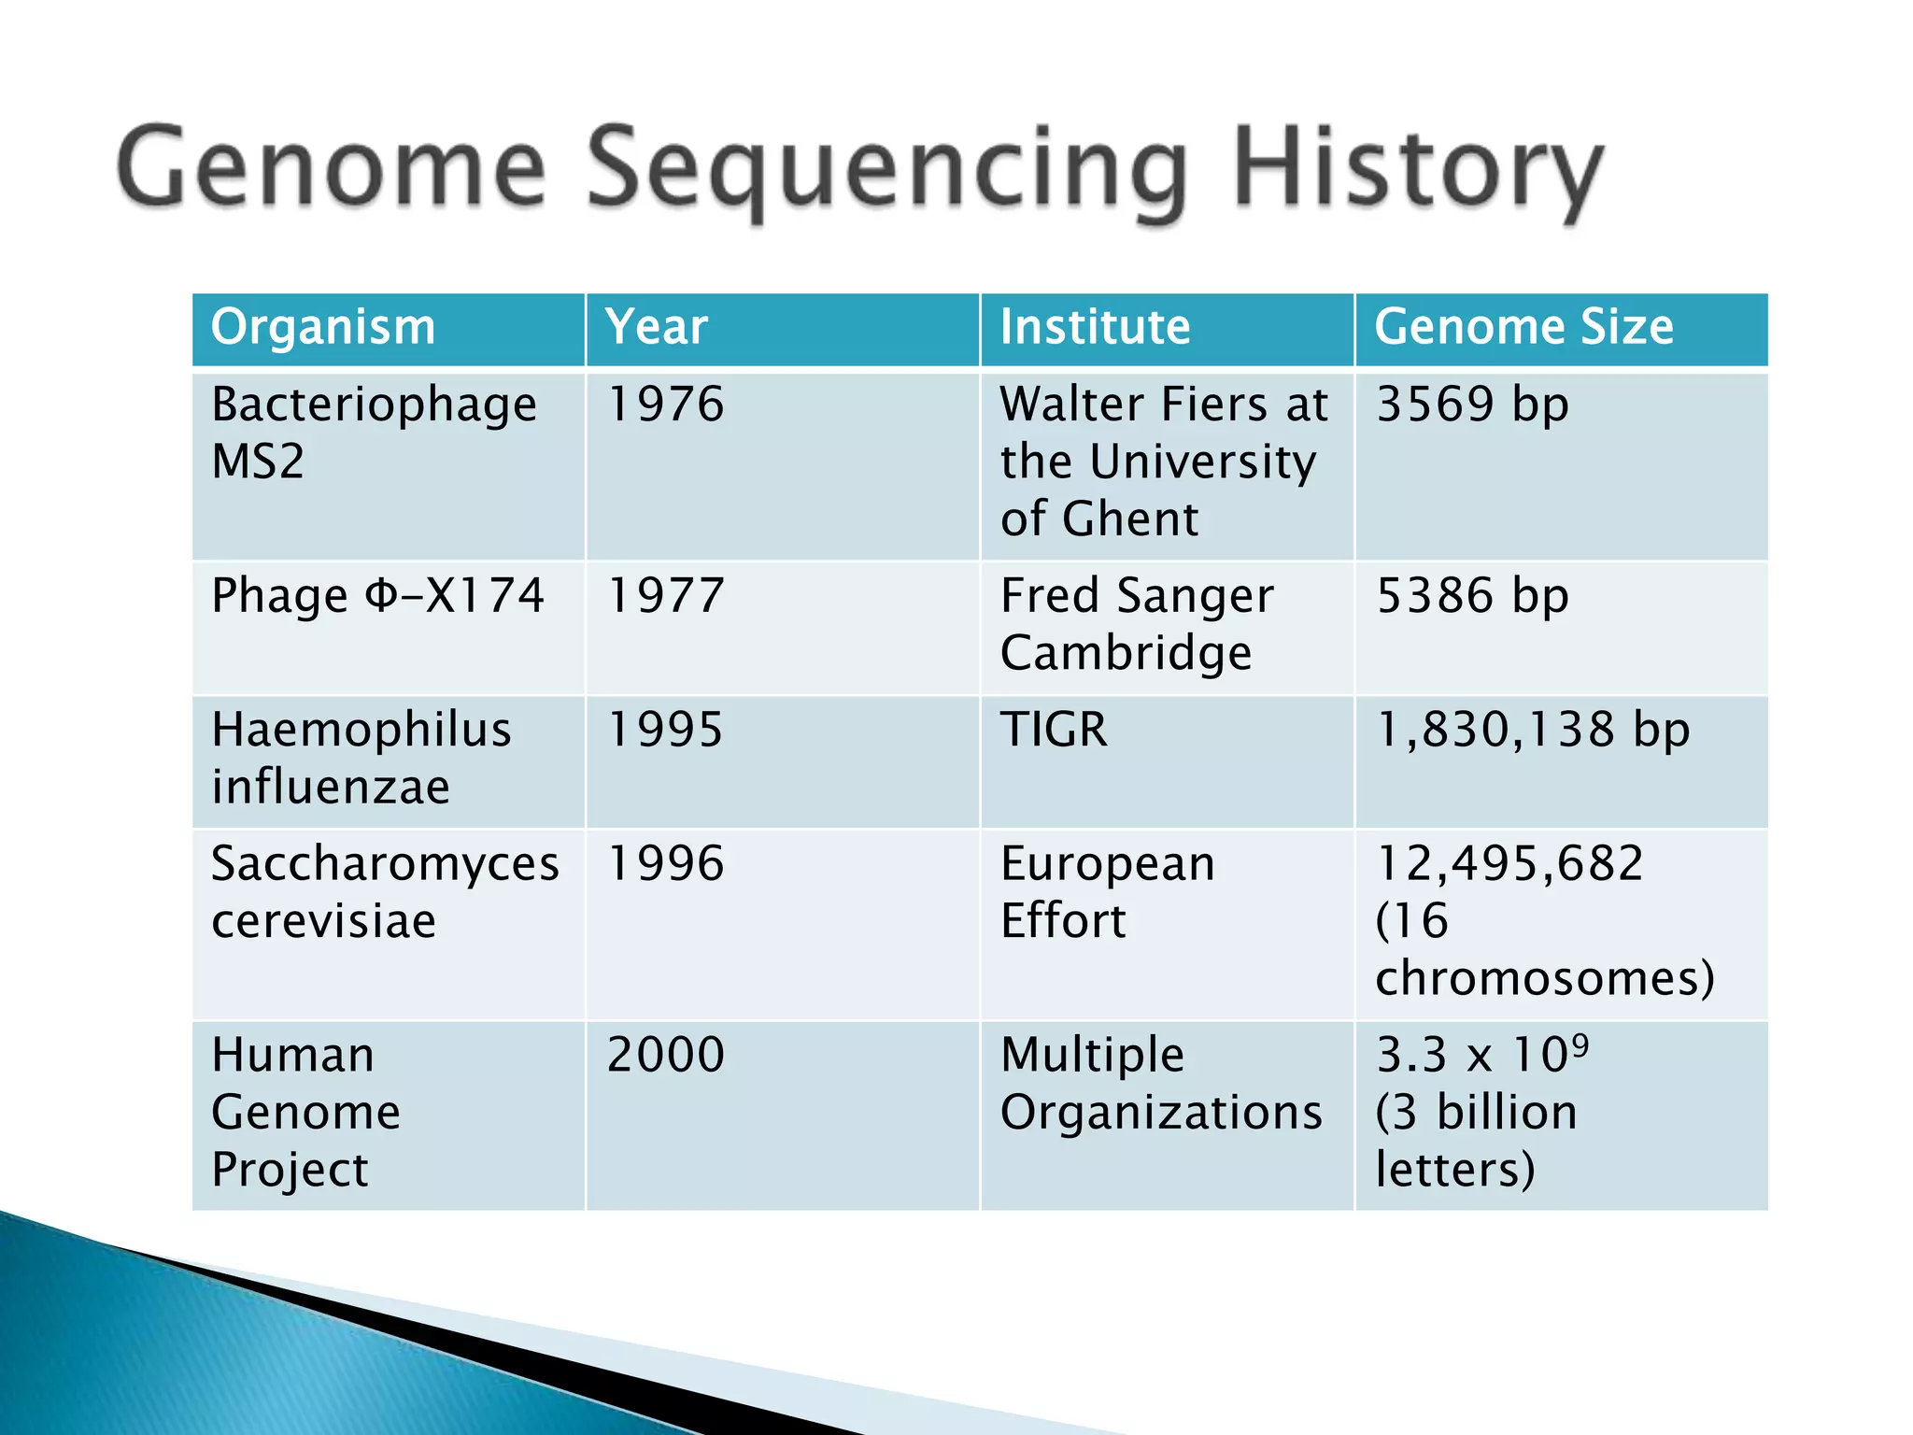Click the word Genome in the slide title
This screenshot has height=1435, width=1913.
click(332, 168)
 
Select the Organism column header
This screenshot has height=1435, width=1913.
click(323, 328)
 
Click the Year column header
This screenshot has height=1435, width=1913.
click(656, 328)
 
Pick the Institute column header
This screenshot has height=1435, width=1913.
click(1095, 328)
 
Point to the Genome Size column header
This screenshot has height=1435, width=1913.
click(1523, 328)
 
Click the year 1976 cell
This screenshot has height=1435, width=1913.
click(665, 405)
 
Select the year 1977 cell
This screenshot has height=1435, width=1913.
click(665, 596)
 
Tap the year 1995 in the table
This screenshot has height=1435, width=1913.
click(665, 730)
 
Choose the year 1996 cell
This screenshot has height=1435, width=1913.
click(665, 863)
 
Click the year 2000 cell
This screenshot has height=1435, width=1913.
click(665, 1055)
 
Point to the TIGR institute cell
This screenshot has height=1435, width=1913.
click(1054, 730)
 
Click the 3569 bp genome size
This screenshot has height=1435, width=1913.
click(1472, 405)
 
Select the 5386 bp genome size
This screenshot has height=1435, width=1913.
click(1472, 596)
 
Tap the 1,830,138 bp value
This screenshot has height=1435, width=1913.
click(1533, 730)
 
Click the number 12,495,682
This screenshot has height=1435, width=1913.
click(1509, 863)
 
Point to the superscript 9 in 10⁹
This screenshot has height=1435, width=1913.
click(1580, 1043)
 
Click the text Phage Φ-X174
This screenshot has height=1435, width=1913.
click(377, 596)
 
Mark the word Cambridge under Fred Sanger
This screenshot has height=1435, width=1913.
click(1126, 653)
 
